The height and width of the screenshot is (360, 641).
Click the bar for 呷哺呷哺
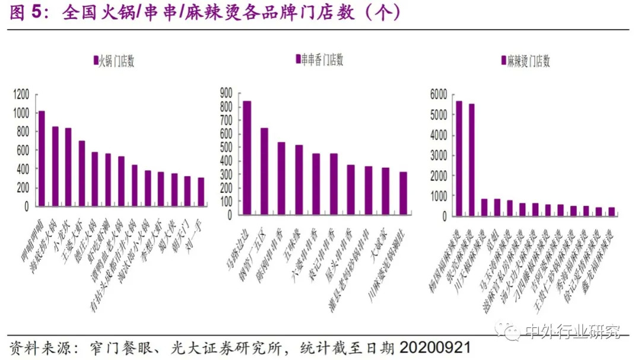pyautogui.click(x=42, y=159)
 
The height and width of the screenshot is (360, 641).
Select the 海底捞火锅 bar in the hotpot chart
pyautogui.click(x=55, y=167)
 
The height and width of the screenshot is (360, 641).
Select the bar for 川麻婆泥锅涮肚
pyautogui.click(x=404, y=193)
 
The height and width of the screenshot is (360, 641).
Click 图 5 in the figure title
pyautogui.click(x=27, y=14)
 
